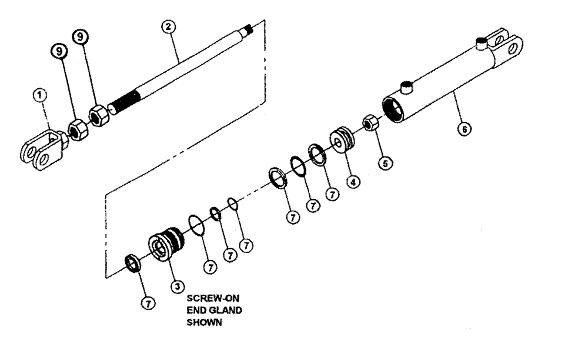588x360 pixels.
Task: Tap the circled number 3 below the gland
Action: (x=175, y=285)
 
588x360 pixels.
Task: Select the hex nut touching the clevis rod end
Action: (x=76, y=127)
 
